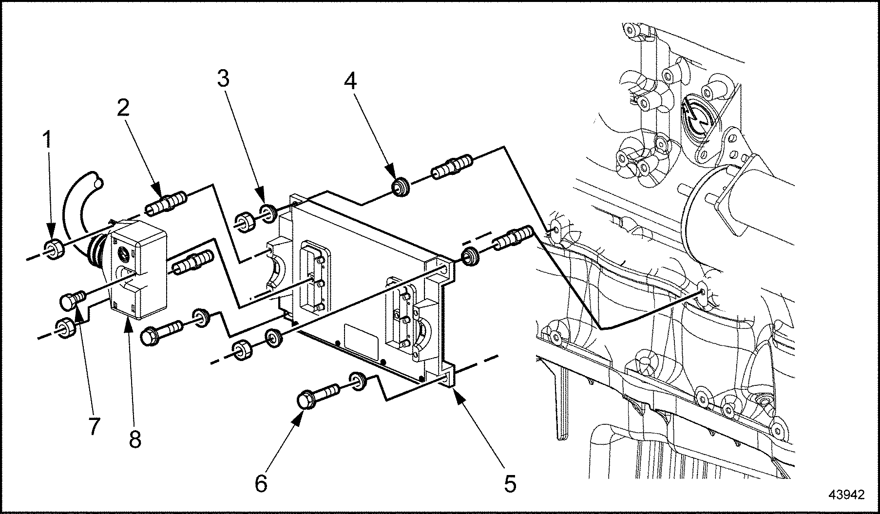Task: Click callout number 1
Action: (48, 141)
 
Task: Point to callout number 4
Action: (350, 81)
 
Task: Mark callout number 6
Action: (261, 483)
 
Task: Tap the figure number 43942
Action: (847, 495)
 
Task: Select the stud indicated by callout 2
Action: (166, 204)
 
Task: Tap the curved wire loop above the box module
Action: (80, 195)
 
